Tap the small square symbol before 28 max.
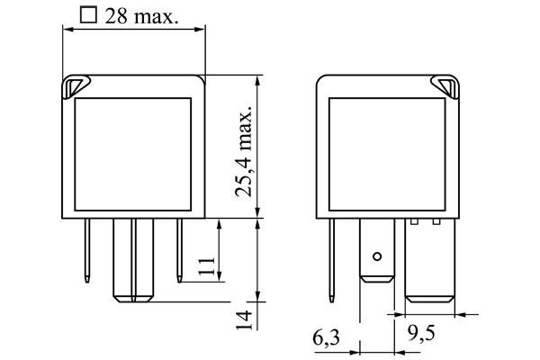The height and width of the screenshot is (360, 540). (x=88, y=15)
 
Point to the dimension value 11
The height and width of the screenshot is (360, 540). (x=207, y=265)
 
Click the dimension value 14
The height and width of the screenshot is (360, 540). (x=244, y=319)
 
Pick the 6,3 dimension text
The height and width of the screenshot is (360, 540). (x=326, y=338)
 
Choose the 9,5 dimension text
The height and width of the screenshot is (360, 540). (x=421, y=333)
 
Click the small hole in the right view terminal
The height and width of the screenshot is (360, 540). (x=377, y=256)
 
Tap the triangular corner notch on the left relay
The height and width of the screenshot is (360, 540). (x=76, y=86)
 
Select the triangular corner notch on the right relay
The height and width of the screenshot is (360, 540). (x=445, y=86)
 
